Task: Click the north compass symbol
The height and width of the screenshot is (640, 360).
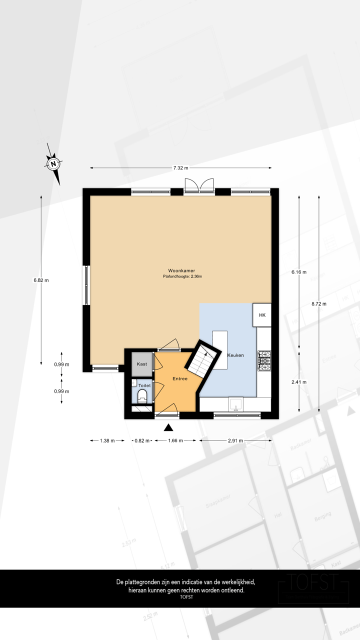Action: [53, 163]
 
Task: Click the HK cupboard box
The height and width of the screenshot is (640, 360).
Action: [262, 315]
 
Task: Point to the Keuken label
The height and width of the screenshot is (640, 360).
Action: [235, 355]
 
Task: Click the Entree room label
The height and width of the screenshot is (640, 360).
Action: [179, 379]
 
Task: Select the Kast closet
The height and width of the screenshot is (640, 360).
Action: [142, 364]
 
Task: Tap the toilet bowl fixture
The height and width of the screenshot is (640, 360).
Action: [142, 396]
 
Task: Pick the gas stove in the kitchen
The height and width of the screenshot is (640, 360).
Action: [264, 360]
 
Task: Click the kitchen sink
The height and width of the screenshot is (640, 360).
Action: [235, 403]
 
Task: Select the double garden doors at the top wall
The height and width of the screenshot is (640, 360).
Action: [199, 186]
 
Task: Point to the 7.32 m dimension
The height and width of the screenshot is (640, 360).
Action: [180, 168]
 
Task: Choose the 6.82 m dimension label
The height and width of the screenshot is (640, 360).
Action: [41, 280]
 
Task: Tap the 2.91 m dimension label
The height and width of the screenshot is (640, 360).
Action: [235, 440]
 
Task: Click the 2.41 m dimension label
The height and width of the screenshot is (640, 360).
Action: [299, 382]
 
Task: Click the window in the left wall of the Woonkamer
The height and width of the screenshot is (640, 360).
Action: [86, 285]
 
